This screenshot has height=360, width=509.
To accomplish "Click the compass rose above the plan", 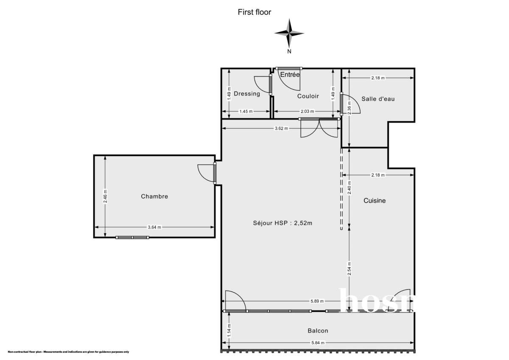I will tap(289, 33).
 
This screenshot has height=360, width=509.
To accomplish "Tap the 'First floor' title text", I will tap(254, 12).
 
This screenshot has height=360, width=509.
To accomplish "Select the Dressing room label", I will tap(246, 94).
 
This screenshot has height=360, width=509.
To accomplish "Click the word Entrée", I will tap(290, 75).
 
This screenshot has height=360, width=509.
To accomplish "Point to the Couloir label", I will tap(308, 96).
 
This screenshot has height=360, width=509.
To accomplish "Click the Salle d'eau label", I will tap(378, 99).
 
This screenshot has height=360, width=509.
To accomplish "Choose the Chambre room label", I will tap(154, 196).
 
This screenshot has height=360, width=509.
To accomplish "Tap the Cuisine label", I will tap(375, 201).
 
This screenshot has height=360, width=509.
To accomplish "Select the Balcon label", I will tap(318, 331).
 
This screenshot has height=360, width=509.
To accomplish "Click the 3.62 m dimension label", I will tap(281, 128).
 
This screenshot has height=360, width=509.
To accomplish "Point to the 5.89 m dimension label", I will tap(317, 301).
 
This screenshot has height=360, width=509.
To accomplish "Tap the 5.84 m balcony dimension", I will tap(317, 343).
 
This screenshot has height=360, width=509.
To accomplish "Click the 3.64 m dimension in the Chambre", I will tap(154, 227).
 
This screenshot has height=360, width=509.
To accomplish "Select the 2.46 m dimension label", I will tap(106, 196).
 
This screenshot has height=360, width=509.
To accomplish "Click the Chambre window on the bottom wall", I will tap(132, 237).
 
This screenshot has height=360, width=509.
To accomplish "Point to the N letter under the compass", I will tap(289, 52).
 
